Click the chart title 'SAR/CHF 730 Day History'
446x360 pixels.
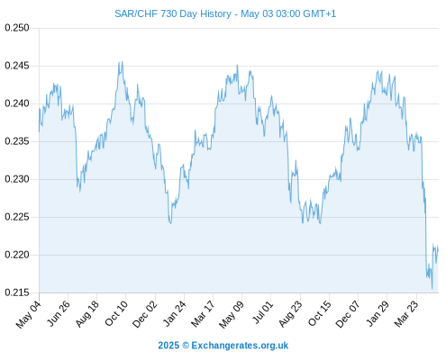(x=173, y=13)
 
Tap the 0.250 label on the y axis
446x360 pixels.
(x=17, y=28)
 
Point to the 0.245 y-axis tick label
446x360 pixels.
(x=17, y=66)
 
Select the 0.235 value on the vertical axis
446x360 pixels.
(x=17, y=141)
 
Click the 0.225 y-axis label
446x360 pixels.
(x=17, y=217)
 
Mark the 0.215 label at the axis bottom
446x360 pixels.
(x=17, y=292)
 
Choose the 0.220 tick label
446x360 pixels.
(x=17, y=255)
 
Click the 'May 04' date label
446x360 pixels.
(x=28, y=314)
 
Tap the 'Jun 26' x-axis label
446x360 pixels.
(x=59, y=313)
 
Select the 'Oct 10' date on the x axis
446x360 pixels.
(x=116, y=313)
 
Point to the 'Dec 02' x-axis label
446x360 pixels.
(x=144, y=314)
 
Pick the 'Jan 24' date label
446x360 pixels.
(x=174, y=313)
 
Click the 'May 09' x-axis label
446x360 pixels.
(x=232, y=314)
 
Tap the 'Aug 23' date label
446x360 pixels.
(x=290, y=314)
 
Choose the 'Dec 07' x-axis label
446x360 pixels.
(x=348, y=314)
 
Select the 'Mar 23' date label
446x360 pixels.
(x=406, y=314)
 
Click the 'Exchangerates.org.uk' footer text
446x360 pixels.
(x=240, y=346)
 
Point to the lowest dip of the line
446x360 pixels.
(x=432, y=289)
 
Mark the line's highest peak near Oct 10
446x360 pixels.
(x=122, y=62)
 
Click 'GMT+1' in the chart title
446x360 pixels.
(x=320, y=13)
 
